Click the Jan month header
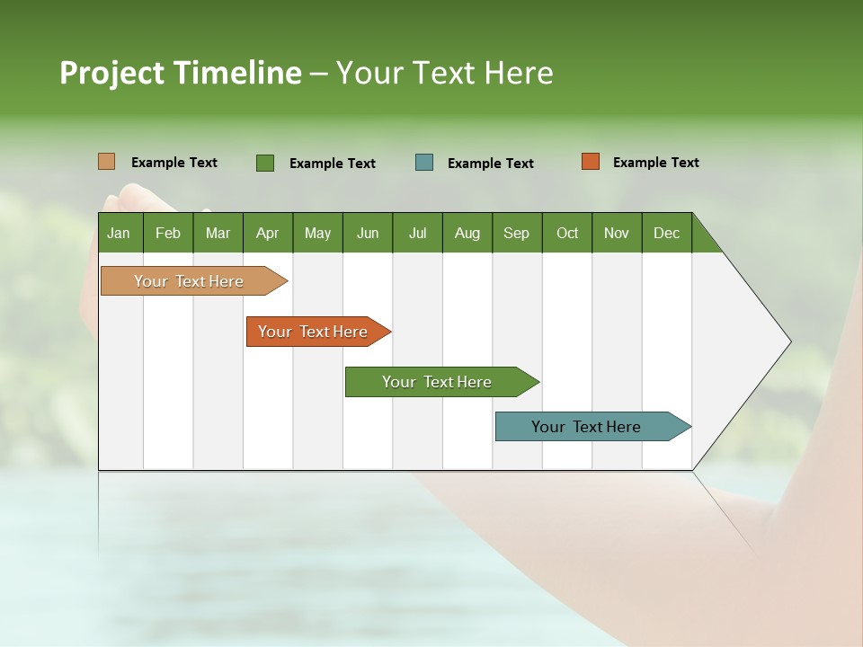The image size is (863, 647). coord(119,233)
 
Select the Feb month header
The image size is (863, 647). coord(168,233)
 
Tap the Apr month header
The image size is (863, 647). coord(267,233)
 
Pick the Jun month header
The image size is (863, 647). coord(368,233)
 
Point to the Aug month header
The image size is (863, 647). coord(467,233)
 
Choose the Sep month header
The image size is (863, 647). coord(516,233)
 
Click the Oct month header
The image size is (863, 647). coord(567,233)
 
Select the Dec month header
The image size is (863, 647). coord(666,233)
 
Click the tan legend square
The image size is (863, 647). coord(107,162)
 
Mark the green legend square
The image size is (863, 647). coord(265,163)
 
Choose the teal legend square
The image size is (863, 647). coord(424,163)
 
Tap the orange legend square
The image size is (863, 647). coord(591,162)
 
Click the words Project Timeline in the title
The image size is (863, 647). coord(181,73)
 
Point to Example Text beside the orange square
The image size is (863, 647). coord(655,163)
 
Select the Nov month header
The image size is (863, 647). coord(617,233)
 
